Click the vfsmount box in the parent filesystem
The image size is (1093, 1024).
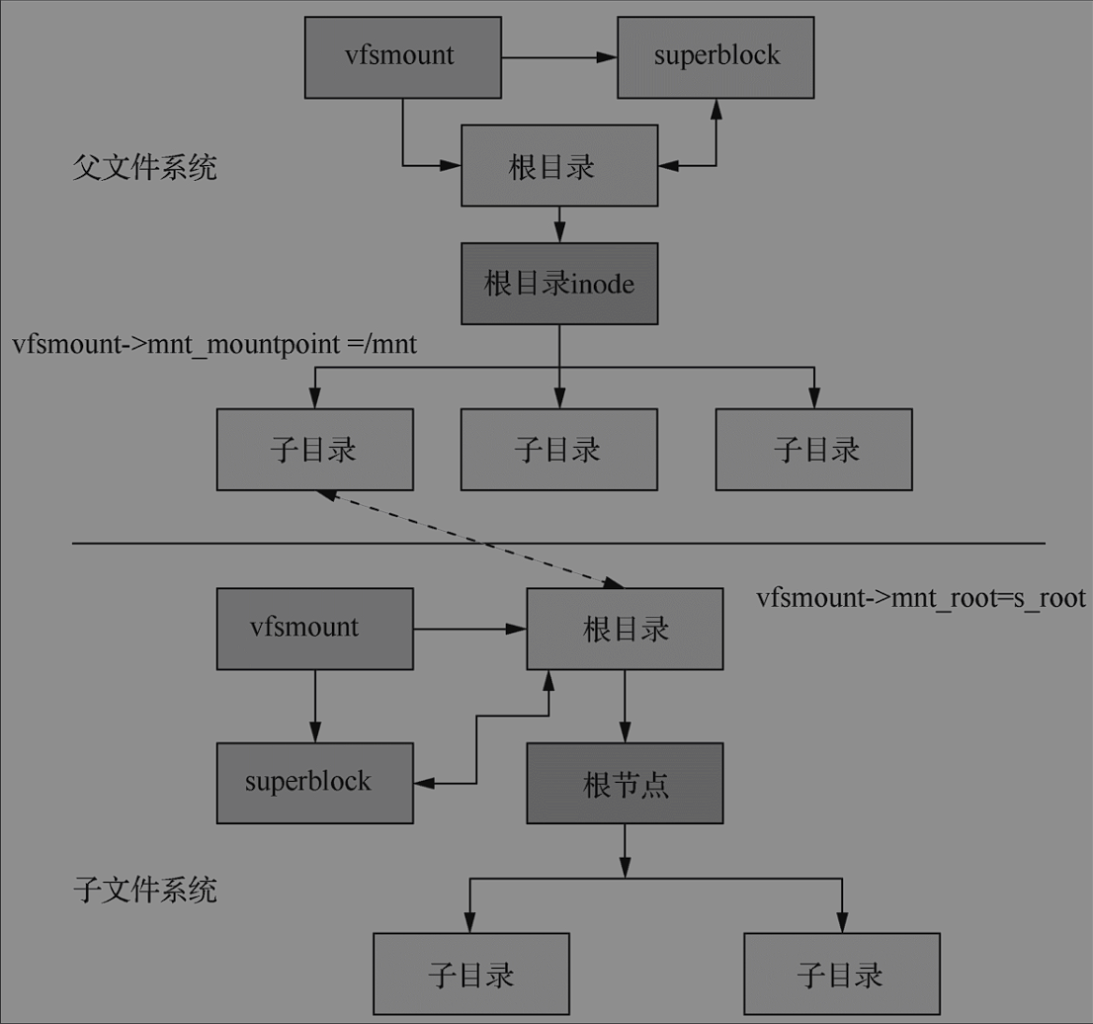pos(402,57)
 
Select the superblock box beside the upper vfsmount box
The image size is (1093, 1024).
pos(715,57)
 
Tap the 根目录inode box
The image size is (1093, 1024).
pos(559,284)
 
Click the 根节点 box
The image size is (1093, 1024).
pos(625,784)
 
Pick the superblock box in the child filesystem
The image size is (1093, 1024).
pos(314,783)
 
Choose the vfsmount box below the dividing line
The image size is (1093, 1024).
pos(314,628)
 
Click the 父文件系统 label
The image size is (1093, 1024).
pos(145,168)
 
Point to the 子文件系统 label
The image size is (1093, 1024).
pos(145,892)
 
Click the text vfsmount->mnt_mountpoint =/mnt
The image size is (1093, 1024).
pos(214,345)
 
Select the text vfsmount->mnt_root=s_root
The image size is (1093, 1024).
pos(921,598)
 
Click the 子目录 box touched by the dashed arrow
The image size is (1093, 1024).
pos(314,451)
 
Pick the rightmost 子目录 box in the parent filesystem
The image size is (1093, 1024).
pos(813,451)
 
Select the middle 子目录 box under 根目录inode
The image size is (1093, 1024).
pos(559,451)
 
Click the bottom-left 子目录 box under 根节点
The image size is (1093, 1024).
pos(470,976)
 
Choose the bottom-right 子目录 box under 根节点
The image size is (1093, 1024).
pos(840,976)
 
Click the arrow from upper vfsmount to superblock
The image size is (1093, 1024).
pos(558,57)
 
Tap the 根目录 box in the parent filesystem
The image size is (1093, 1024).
pos(559,166)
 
